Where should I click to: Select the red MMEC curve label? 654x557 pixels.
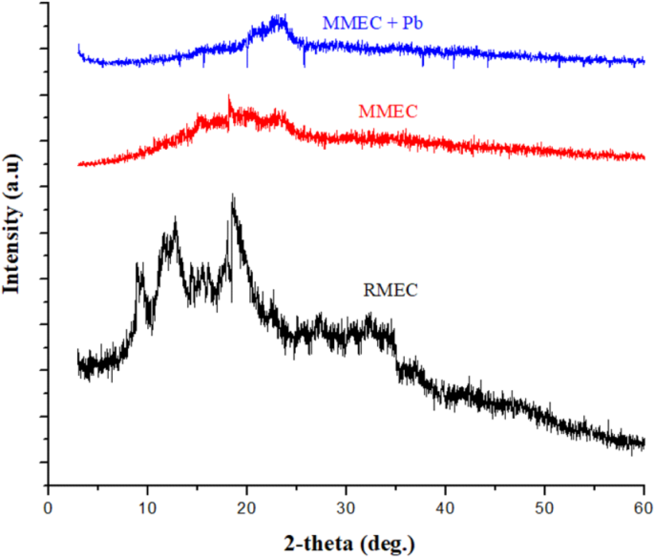389,112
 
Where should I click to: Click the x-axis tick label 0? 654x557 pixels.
48,503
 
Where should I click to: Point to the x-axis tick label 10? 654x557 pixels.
147,503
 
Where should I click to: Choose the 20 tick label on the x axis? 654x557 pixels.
246,503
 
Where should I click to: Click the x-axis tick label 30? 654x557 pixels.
346,503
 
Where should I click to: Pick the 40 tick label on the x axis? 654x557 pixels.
445,503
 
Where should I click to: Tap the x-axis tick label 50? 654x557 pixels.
544,503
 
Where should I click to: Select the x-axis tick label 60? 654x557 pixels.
643,503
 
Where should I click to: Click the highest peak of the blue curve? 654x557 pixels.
278,16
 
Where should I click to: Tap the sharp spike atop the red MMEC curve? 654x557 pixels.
229,96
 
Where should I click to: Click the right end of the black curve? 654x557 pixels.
643,442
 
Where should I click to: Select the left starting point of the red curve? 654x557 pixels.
78,164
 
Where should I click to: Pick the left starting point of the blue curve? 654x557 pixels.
78,45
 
